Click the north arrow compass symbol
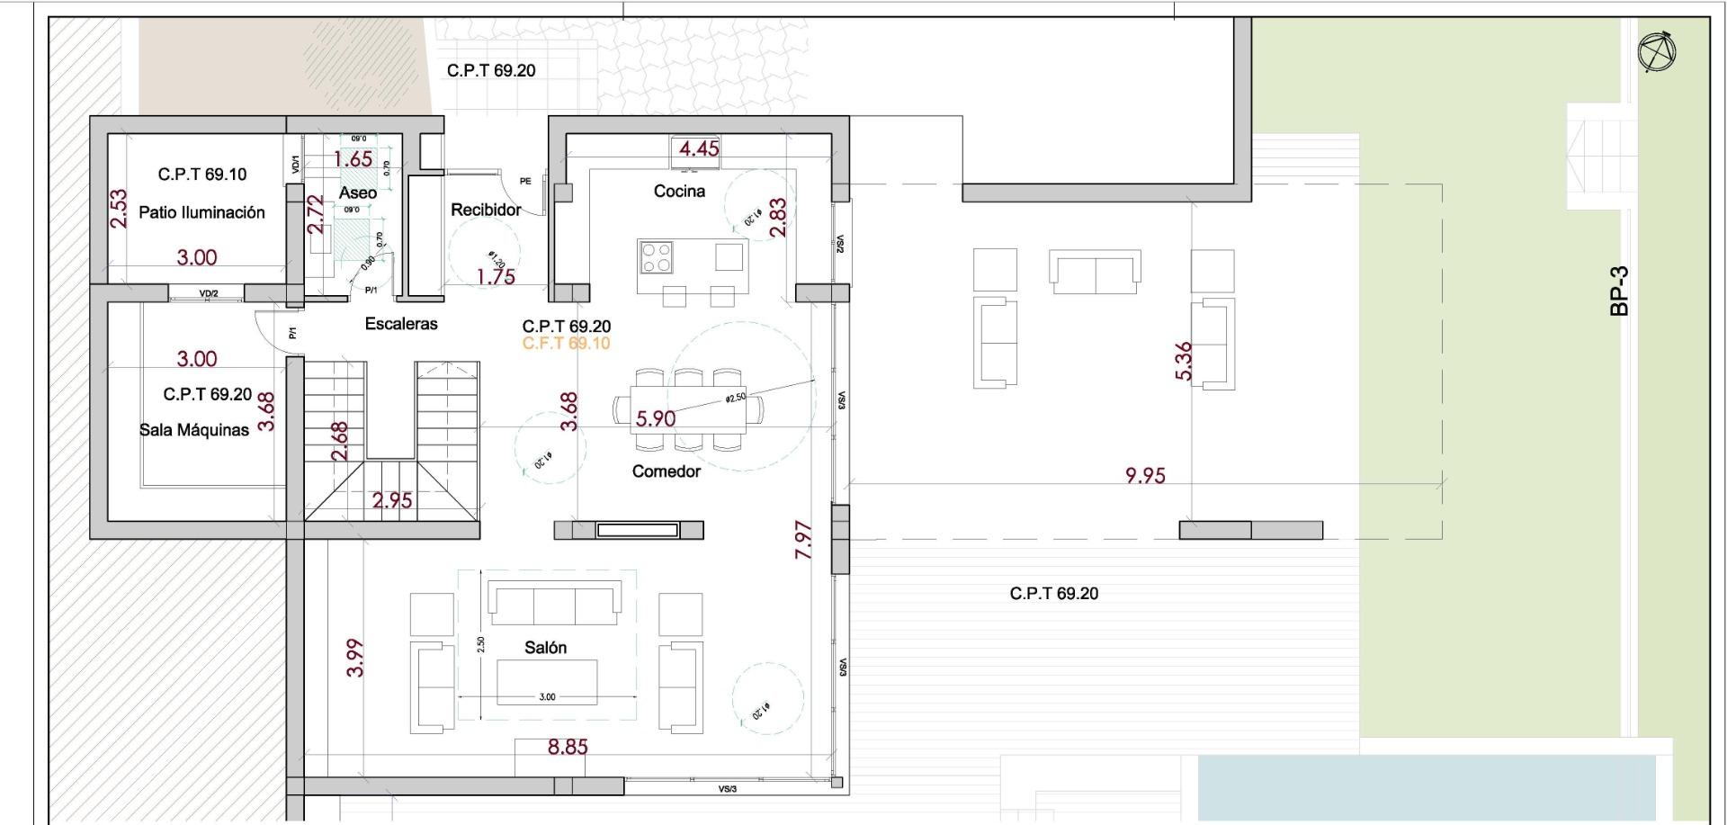click(1658, 53)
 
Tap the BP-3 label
click(1620, 291)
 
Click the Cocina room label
click(679, 191)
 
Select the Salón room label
click(545, 648)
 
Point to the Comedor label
click(666, 471)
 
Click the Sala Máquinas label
click(194, 430)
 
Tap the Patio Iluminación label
click(201, 213)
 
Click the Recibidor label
click(486, 210)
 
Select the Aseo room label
click(357, 193)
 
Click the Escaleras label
click(401, 324)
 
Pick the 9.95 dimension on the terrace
click(1145, 475)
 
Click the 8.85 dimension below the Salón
click(568, 747)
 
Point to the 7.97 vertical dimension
click(804, 540)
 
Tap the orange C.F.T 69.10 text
click(566, 344)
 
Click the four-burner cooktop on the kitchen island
click(655, 257)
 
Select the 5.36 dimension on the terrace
click(1184, 361)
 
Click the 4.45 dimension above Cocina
click(699, 148)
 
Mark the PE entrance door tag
click(525, 182)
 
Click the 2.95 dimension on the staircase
click(392, 500)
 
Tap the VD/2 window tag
click(209, 294)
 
